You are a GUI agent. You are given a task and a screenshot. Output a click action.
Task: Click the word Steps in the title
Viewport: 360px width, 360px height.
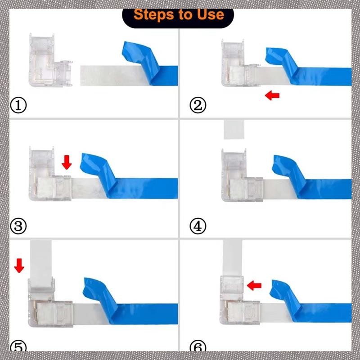[154, 15]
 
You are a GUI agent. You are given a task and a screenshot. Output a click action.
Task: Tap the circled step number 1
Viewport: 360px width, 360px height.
[18, 105]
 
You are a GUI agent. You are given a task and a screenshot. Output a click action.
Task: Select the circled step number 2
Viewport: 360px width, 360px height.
[198, 105]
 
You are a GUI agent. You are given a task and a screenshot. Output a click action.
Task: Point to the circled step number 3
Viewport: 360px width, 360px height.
[18, 226]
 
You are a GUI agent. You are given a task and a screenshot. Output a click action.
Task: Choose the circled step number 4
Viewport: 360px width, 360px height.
[198, 226]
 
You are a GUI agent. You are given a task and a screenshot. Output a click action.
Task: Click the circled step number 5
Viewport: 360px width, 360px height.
[18, 346]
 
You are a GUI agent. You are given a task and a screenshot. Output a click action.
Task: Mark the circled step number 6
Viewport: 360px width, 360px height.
[198, 346]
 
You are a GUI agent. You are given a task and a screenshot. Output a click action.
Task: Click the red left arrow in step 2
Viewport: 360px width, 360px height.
[272, 95]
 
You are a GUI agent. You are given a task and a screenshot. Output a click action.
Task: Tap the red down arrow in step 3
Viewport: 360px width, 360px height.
[67, 162]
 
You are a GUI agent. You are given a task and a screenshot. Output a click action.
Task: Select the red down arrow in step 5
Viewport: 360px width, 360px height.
[19, 265]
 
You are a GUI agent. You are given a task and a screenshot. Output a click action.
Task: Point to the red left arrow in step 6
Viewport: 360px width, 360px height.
[254, 285]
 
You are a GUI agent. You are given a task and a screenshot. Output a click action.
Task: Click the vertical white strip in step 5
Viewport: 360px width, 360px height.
[41, 264]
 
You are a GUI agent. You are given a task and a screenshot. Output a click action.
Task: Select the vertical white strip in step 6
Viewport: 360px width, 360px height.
[232, 258]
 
